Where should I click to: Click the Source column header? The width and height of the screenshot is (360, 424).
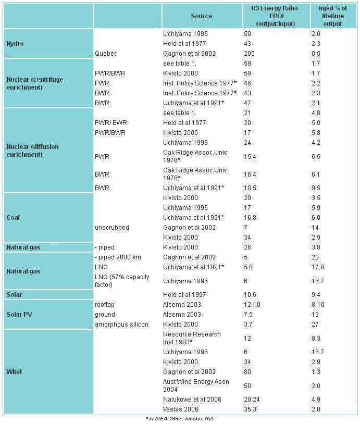click(x=202, y=16)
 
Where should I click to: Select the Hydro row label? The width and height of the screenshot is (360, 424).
click(x=15, y=44)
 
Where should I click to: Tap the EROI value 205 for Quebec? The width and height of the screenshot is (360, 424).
click(x=249, y=54)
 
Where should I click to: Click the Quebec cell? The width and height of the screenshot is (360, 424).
click(x=106, y=54)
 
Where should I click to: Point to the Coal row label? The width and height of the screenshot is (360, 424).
click(x=13, y=218)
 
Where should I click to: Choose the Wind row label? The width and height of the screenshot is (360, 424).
click(x=14, y=372)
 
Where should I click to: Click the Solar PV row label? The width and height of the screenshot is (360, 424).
click(x=19, y=315)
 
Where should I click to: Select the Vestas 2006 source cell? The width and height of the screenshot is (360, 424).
click(x=180, y=409)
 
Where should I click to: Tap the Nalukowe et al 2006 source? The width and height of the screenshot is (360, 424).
click(x=192, y=400)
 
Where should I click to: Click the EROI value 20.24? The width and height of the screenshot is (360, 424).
click(x=252, y=400)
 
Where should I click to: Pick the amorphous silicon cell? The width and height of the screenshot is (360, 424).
click(x=121, y=325)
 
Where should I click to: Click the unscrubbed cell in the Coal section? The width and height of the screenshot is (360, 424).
click(x=111, y=228)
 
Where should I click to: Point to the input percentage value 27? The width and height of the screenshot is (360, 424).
click(x=315, y=325)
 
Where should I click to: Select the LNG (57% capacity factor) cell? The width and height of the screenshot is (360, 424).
click(x=122, y=281)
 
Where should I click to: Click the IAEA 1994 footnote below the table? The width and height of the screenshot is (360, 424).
click(x=180, y=419)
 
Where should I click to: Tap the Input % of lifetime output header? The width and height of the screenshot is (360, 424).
click(x=333, y=16)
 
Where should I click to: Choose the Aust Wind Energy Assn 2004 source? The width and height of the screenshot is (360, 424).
click(x=196, y=385)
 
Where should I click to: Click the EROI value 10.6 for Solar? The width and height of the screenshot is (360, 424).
click(x=250, y=295)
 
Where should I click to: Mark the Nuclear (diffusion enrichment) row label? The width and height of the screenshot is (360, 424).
click(x=32, y=151)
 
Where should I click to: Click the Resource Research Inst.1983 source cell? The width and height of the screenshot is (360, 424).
click(x=192, y=338)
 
